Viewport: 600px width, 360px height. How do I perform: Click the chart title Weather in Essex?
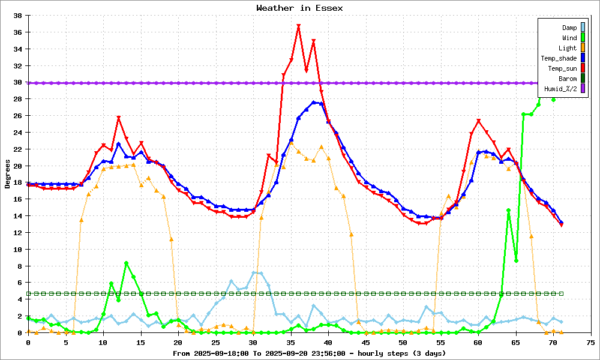[299, 8]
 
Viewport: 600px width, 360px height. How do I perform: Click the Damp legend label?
[569, 28]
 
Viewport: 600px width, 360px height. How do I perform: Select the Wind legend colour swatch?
[583, 38]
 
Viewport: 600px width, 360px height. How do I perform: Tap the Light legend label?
[568, 48]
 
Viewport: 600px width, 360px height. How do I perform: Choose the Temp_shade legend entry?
[558, 58]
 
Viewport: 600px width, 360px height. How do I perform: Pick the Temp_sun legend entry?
[562, 68]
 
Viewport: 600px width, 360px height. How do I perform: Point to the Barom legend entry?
[568, 79]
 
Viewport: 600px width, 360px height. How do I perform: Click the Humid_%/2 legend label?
[560, 89]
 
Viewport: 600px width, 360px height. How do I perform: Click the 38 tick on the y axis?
[17, 16]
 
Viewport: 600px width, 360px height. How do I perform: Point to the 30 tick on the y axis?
[17, 82]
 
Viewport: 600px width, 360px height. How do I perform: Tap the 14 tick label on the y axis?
[17, 216]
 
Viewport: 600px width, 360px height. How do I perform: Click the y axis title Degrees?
[8, 174]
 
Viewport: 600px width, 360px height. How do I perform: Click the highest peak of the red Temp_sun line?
[298, 26]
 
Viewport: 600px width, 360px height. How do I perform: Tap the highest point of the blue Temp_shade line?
[314, 103]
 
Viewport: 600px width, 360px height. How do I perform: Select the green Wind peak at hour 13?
[126, 263]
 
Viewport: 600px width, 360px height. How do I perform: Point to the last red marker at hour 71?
[561, 224]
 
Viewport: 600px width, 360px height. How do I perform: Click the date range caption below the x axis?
[299, 353]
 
